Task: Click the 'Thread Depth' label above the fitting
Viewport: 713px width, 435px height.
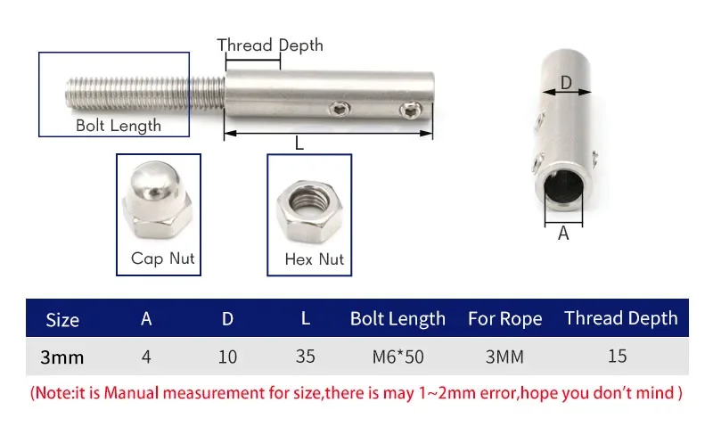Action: [x=270, y=45]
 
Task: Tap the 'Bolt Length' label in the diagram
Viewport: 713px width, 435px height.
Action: [x=119, y=126]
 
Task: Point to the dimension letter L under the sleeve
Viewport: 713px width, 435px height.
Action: [x=299, y=144]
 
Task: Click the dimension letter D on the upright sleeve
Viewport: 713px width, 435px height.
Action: [x=566, y=83]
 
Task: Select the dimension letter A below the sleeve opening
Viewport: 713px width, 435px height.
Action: [x=563, y=234]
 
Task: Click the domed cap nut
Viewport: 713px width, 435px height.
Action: [x=158, y=200]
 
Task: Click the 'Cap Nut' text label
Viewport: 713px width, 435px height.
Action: [x=163, y=259]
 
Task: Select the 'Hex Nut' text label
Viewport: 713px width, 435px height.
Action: [x=315, y=259]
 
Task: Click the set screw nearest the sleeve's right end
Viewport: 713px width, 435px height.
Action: [x=411, y=110]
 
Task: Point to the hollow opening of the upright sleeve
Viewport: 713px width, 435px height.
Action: [x=564, y=186]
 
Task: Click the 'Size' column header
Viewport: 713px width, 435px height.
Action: [x=62, y=320]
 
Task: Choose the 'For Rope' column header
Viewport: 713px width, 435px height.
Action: [x=504, y=319]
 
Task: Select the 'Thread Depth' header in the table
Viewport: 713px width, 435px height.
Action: [x=620, y=318]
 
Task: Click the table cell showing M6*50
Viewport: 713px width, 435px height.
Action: [x=397, y=357]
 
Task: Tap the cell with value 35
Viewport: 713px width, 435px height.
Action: [x=305, y=357]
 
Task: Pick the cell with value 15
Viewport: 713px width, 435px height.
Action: [x=617, y=356]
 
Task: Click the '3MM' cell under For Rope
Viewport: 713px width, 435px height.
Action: [x=504, y=357]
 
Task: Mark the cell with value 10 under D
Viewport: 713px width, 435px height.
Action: [x=227, y=357]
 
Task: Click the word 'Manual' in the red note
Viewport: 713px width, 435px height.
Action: [x=132, y=393]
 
